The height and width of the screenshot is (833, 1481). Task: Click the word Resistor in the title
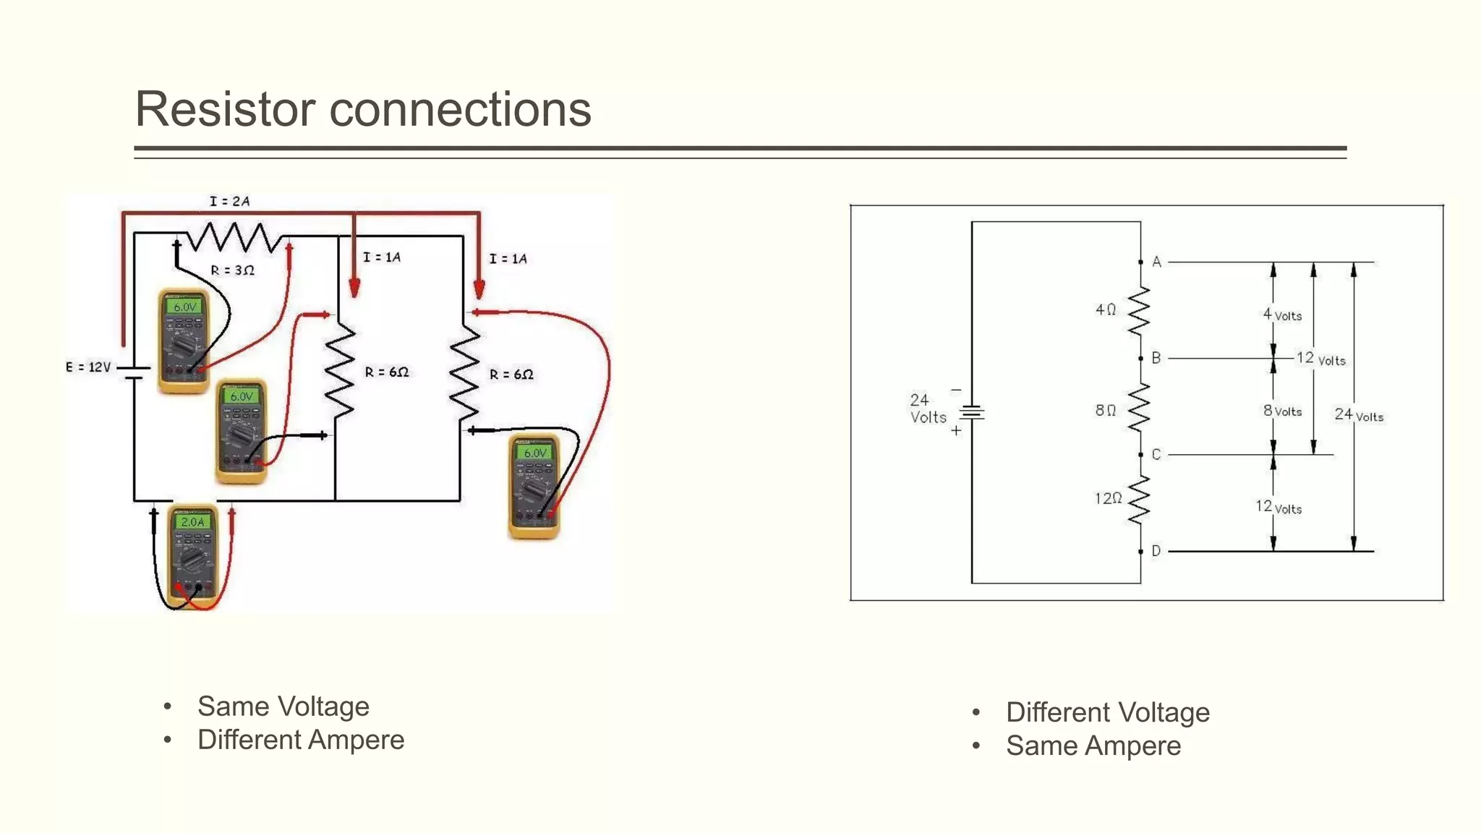225,110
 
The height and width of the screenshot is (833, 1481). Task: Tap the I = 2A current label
229,201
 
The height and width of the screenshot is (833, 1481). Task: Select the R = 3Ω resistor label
232,270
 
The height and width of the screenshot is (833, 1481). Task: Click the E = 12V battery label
88,367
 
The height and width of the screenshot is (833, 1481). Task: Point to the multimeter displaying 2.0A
192,555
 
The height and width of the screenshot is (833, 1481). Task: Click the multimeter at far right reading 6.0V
534,487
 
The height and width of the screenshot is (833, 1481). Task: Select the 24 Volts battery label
928,409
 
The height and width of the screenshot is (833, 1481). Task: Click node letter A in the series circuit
1156,262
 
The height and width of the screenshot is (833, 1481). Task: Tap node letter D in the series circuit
1156,551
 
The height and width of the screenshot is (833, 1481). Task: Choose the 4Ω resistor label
1106,309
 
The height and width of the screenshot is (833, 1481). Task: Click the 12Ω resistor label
1108,498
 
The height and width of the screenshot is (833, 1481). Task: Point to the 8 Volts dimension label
1282,411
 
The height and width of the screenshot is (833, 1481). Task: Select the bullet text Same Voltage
283,706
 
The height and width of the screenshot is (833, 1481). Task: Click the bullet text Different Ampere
300,740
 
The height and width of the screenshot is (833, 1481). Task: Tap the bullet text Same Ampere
1093,746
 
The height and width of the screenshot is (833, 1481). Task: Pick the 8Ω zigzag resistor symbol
1139,407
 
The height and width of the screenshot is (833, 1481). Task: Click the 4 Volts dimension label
1282,315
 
